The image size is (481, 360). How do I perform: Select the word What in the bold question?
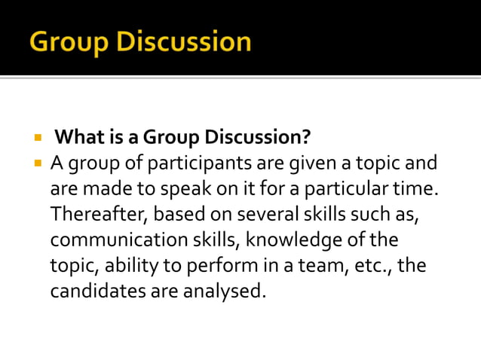tap(79, 138)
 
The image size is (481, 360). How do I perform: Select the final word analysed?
tap(225, 290)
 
